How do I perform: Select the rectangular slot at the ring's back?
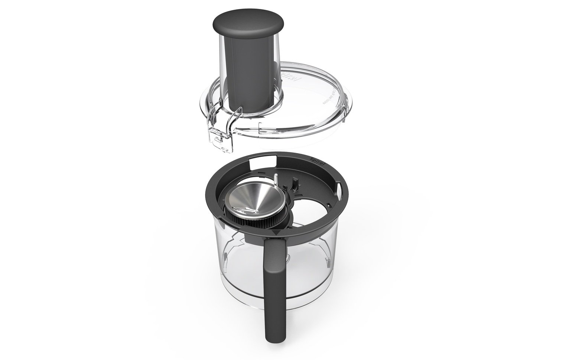click(x=257, y=162)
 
